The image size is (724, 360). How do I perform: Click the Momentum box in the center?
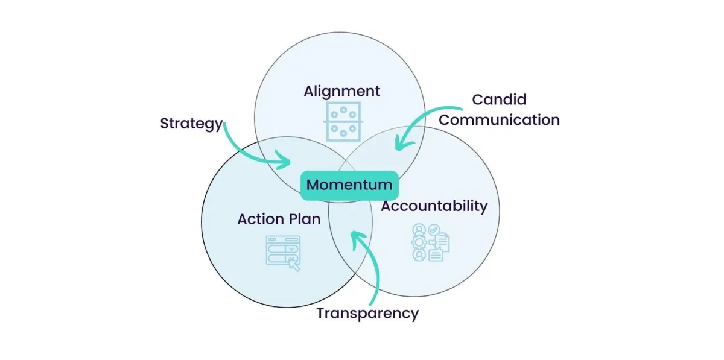click(x=350, y=185)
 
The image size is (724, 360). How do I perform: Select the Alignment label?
click(x=342, y=92)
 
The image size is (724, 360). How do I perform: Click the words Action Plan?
click(x=279, y=219)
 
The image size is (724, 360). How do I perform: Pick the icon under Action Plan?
click(x=283, y=252)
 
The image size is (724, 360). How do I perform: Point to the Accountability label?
click(x=434, y=206)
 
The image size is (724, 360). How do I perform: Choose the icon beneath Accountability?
click(x=430, y=242)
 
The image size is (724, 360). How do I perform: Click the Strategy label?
click(x=191, y=124)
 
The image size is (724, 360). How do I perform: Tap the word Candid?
click(x=499, y=99)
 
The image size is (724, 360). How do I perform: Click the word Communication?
click(x=499, y=120)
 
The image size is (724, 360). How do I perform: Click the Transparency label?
click(x=367, y=314)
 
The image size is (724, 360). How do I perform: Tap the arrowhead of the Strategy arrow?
click(x=285, y=162)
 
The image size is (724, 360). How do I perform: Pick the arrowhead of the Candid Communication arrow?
click(x=399, y=144)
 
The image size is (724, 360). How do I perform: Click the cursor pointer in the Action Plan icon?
click(x=294, y=264)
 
